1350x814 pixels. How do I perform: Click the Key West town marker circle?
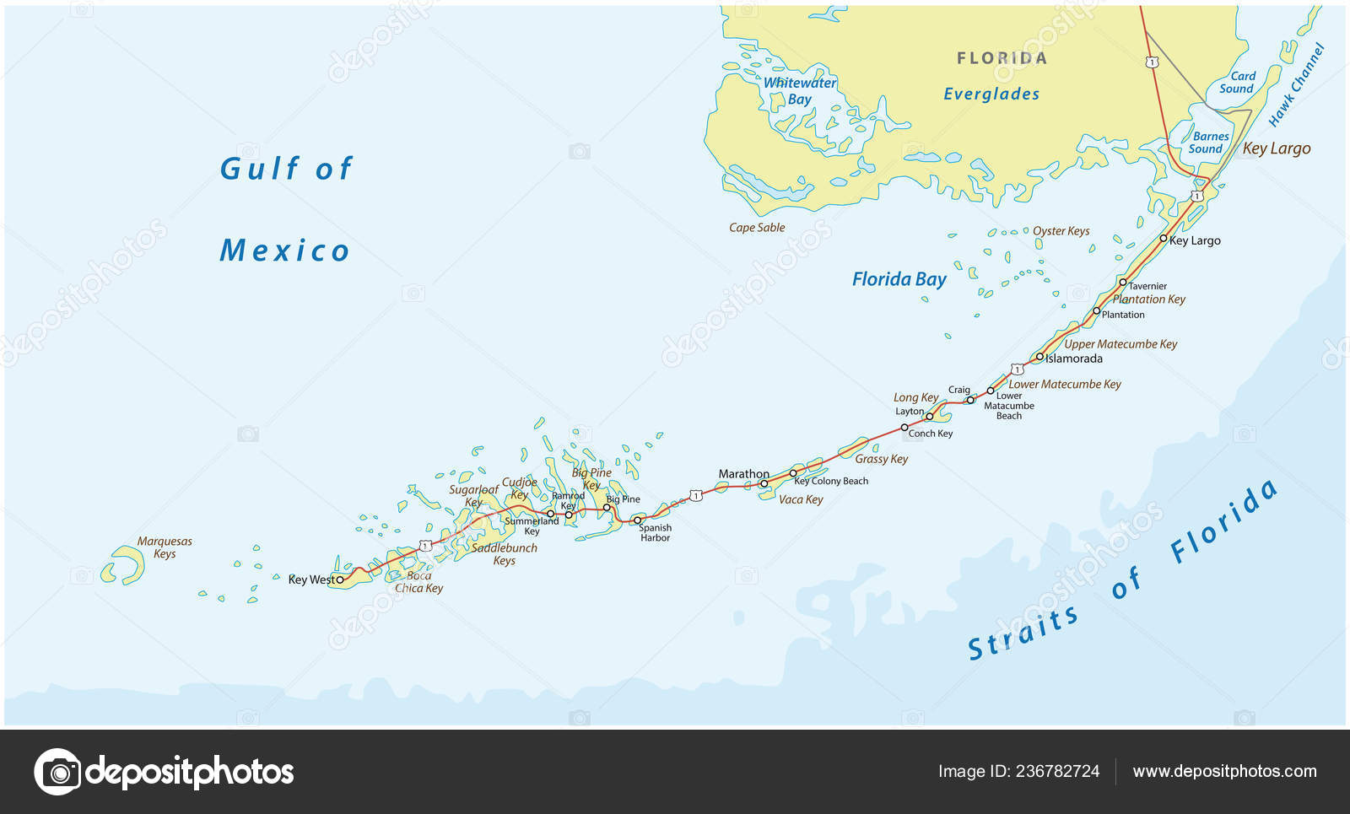tap(340, 580)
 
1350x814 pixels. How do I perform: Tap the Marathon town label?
tap(743, 474)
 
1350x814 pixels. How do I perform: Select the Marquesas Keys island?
tap(124, 564)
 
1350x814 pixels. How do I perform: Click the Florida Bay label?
tap(899, 279)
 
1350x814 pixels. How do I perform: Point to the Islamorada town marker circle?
tap(1039, 358)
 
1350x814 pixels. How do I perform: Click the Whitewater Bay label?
tap(799, 90)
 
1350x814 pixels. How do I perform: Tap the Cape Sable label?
tap(757, 228)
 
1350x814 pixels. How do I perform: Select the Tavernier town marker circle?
tap(1123, 283)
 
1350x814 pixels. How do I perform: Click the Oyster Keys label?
tap(1061, 231)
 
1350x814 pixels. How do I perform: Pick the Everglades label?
tap(991, 94)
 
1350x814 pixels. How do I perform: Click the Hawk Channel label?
tap(1297, 85)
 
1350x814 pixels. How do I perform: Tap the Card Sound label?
tap(1237, 82)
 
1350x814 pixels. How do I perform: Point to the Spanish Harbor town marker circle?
tap(637, 520)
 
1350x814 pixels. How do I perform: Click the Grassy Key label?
tap(881, 459)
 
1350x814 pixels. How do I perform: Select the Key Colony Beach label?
tap(831, 482)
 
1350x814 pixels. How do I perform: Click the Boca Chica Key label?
tap(419, 582)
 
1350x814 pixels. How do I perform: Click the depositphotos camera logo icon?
tap(57, 771)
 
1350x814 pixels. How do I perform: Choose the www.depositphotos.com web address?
tap(1224, 771)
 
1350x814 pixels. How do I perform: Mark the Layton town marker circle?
tap(930, 417)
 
